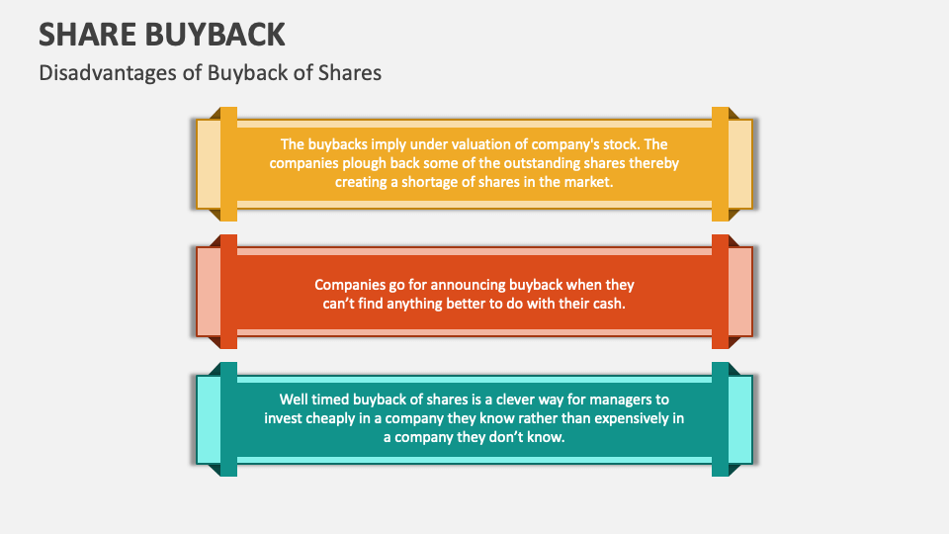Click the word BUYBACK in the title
coord(220,34)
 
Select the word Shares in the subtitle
coord(350,72)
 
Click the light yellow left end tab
coord(208,163)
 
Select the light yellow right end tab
coord(740,163)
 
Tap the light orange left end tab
coord(208,292)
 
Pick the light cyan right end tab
coord(740,419)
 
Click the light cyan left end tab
coord(208,419)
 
